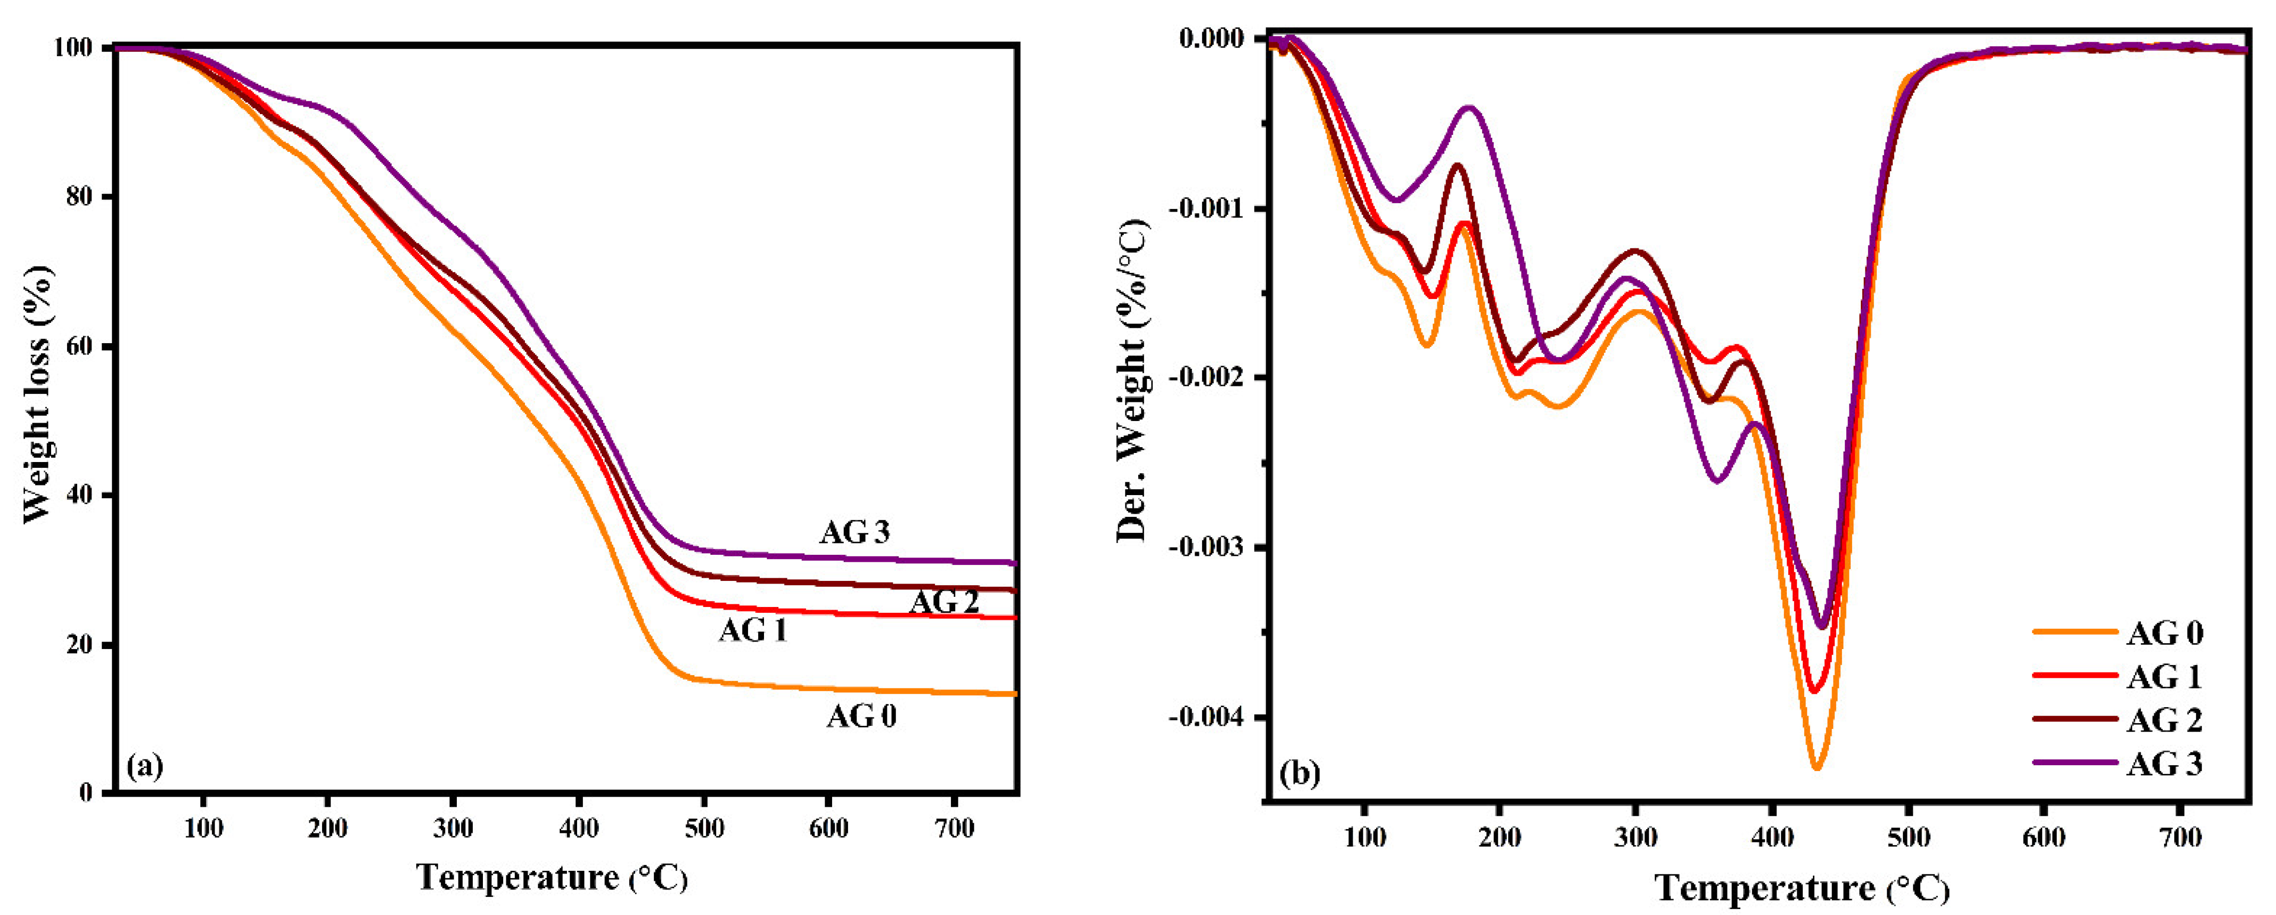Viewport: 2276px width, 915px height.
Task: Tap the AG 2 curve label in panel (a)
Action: point(944,602)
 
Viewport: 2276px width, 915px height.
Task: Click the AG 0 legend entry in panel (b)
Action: point(2164,633)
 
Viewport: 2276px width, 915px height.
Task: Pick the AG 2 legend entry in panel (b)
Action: point(2164,720)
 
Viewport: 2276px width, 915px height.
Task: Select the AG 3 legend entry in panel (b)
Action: point(2164,764)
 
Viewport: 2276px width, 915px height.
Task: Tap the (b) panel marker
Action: point(1300,774)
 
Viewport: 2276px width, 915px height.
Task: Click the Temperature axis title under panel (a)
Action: point(552,878)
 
